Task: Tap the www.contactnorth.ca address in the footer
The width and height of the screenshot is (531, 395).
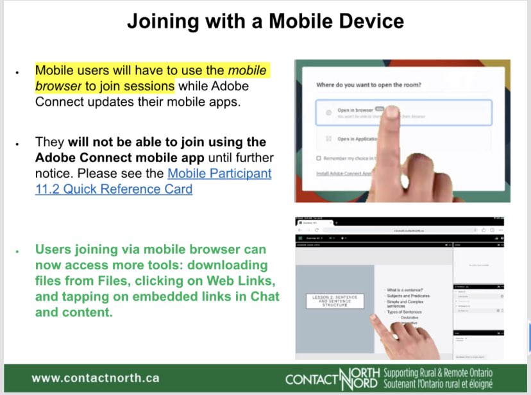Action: (95, 378)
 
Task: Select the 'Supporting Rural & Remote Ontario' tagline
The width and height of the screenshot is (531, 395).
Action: (437, 372)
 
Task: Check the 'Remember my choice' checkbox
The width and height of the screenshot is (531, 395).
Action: (319, 158)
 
